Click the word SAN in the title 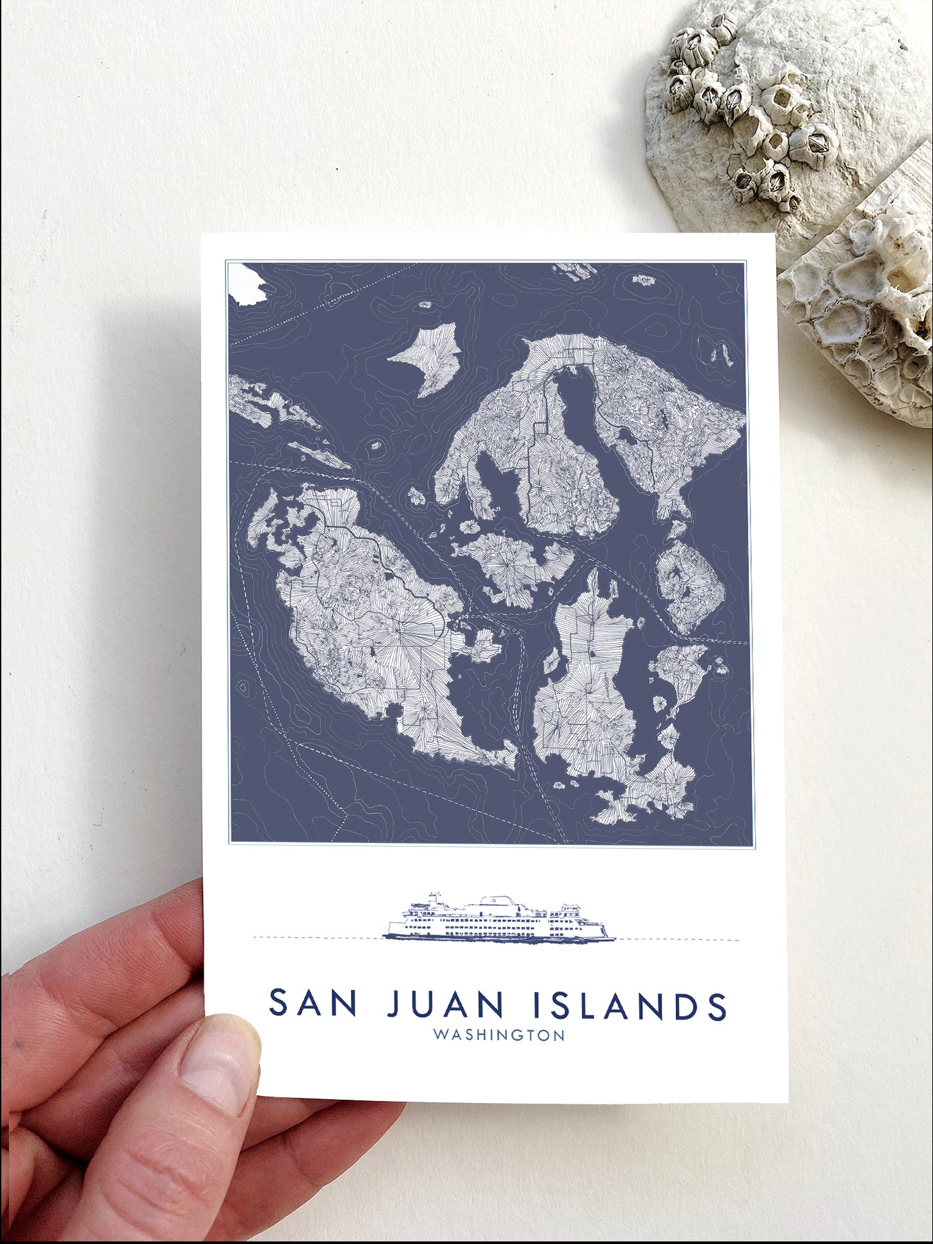tap(312, 1004)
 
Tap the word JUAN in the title tap(446, 1004)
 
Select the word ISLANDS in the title tap(630, 1005)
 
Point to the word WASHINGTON tap(499, 1035)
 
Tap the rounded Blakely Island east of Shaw tap(688, 586)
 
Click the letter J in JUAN tap(396, 1004)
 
